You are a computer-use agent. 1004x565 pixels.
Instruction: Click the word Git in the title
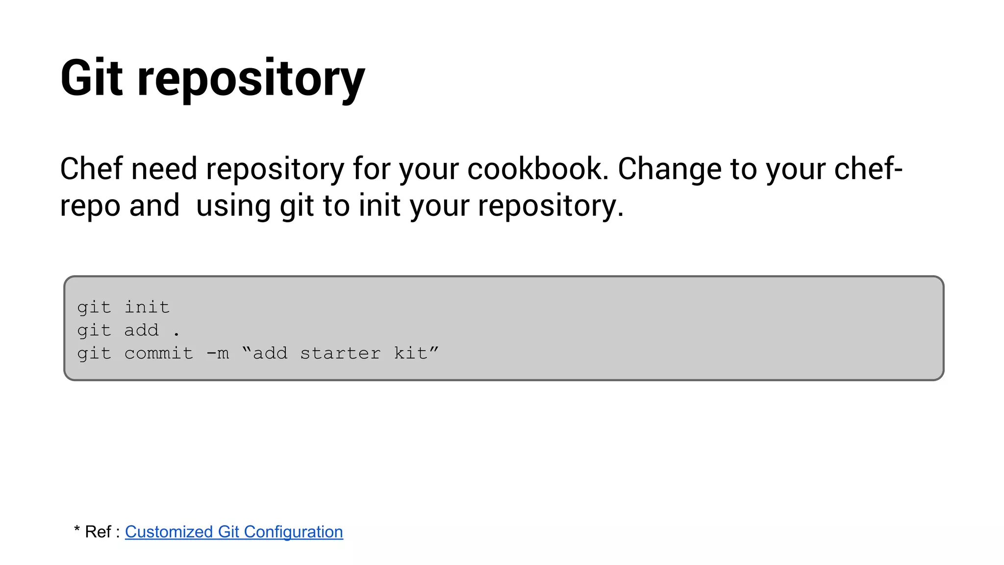coord(91,78)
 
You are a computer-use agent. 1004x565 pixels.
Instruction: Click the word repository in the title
coord(251,79)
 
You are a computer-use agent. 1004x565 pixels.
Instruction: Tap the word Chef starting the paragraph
coord(91,169)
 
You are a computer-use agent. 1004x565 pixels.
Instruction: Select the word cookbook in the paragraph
coord(538,169)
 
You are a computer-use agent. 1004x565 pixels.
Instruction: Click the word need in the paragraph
coord(164,169)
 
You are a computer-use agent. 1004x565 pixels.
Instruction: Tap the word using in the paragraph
coord(233,206)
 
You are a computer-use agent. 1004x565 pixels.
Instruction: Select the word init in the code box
coord(147,308)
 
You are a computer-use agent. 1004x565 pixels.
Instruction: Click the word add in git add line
coord(142,331)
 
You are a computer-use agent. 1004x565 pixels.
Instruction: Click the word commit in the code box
coord(159,354)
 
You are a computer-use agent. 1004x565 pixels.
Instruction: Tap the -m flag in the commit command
coord(218,354)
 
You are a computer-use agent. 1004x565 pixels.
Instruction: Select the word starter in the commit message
coord(340,354)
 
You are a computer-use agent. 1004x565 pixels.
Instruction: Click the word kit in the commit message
coord(411,353)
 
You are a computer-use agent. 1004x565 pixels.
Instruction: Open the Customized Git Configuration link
coord(234,532)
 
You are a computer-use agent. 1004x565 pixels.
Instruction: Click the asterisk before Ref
coord(77,529)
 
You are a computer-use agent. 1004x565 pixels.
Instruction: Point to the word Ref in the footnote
coord(98,532)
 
